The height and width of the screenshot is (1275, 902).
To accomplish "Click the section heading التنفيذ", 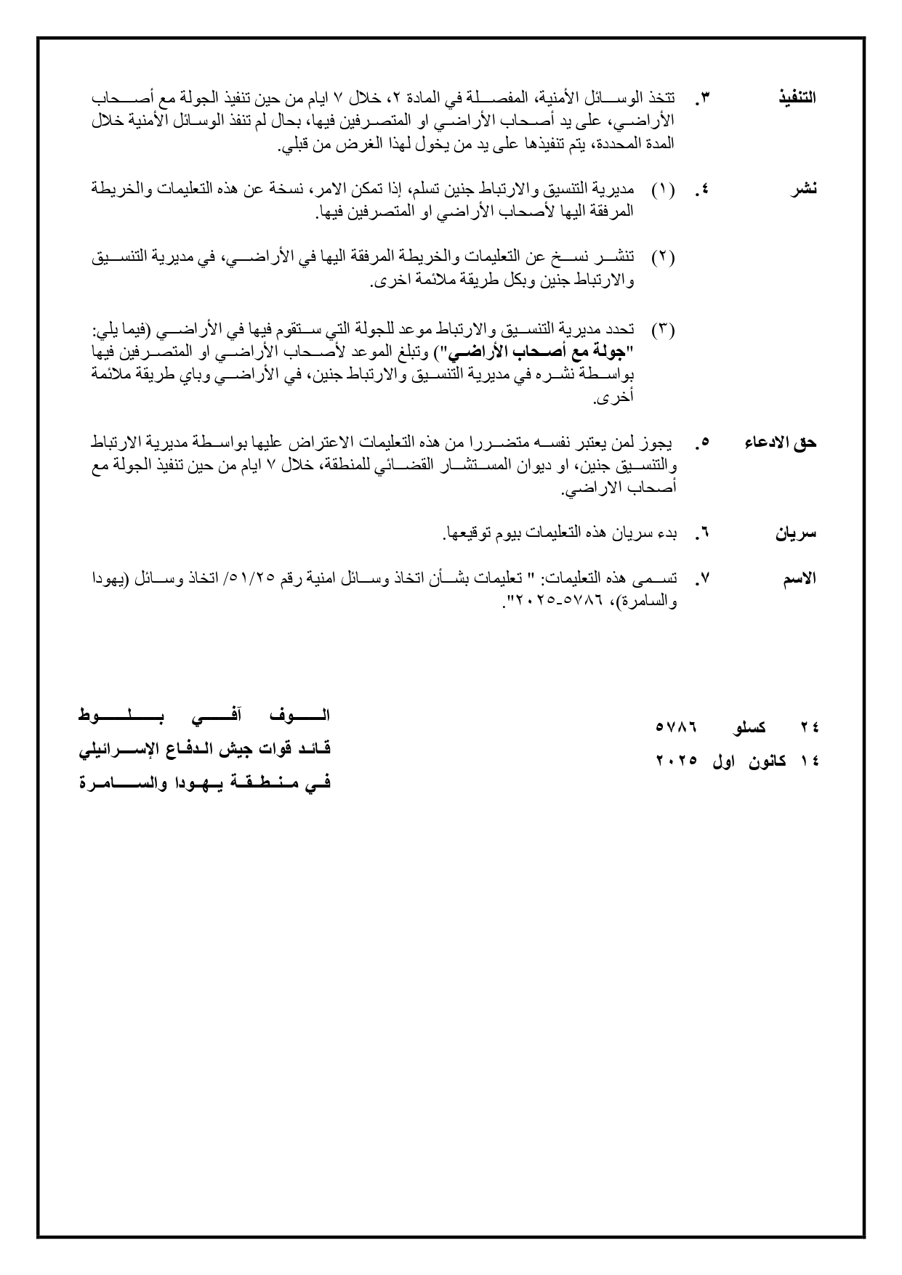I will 797,98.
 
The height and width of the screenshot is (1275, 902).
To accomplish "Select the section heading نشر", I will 804,190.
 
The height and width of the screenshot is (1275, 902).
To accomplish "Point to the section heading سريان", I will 797,534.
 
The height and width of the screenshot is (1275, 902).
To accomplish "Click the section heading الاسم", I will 800,579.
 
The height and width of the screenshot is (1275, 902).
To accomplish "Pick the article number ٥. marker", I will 702,443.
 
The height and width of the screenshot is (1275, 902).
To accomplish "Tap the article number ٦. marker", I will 701,535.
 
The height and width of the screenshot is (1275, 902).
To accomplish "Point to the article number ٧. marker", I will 701,580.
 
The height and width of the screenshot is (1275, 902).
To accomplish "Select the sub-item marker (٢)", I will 662,257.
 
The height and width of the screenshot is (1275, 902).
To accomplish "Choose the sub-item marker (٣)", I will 662,330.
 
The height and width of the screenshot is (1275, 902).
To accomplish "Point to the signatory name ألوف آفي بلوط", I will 204,716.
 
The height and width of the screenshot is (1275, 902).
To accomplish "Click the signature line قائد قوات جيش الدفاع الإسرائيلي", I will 204,749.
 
